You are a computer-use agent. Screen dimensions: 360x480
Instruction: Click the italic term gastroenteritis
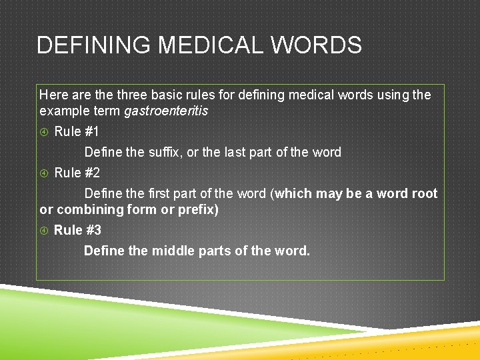(166, 110)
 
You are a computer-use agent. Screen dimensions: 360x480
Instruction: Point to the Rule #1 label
(77, 131)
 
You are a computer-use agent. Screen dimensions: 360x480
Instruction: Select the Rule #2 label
(77, 173)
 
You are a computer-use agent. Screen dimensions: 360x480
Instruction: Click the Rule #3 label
(77, 230)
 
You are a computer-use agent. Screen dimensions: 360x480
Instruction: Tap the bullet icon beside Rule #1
(45, 132)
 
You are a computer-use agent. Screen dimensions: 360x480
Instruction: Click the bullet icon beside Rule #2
(45, 173)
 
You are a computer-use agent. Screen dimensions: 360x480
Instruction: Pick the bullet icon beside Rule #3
(45, 231)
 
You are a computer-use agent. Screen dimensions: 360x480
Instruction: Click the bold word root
(425, 193)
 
